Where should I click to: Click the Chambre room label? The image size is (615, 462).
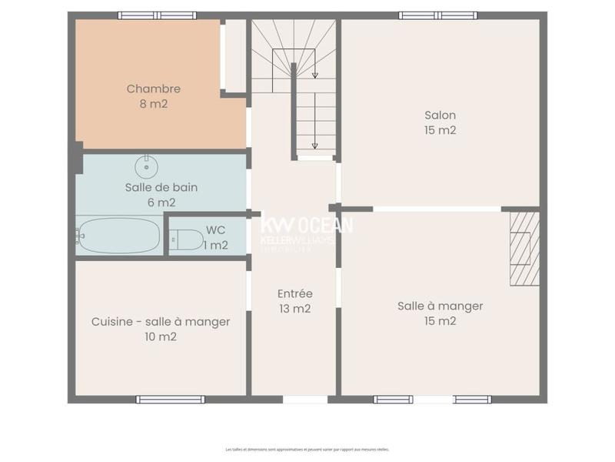point(154,89)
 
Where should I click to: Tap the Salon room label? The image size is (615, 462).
point(440,115)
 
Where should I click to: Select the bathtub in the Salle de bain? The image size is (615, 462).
point(119,236)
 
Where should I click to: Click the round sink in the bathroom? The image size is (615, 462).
point(146,166)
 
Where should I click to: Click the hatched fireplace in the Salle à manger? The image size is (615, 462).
point(524,248)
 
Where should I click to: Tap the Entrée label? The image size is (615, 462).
point(294,293)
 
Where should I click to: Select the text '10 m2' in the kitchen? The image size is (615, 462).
point(160,336)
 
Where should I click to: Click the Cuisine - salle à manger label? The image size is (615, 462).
point(160,322)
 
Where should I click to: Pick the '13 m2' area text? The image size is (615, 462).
point(294,308)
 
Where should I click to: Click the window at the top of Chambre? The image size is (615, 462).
point(157,15)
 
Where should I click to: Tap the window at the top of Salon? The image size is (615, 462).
point(437,15)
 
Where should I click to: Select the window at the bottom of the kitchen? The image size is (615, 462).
point(170,399)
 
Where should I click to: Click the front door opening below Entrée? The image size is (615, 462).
point(304,399)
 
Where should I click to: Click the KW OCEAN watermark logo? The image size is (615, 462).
point(307,225)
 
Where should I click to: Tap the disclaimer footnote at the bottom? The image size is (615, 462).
point(307,449)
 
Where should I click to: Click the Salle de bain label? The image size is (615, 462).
point(161,187)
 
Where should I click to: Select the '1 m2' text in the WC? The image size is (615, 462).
point(215,245)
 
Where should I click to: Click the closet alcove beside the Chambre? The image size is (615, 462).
point(234,55)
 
